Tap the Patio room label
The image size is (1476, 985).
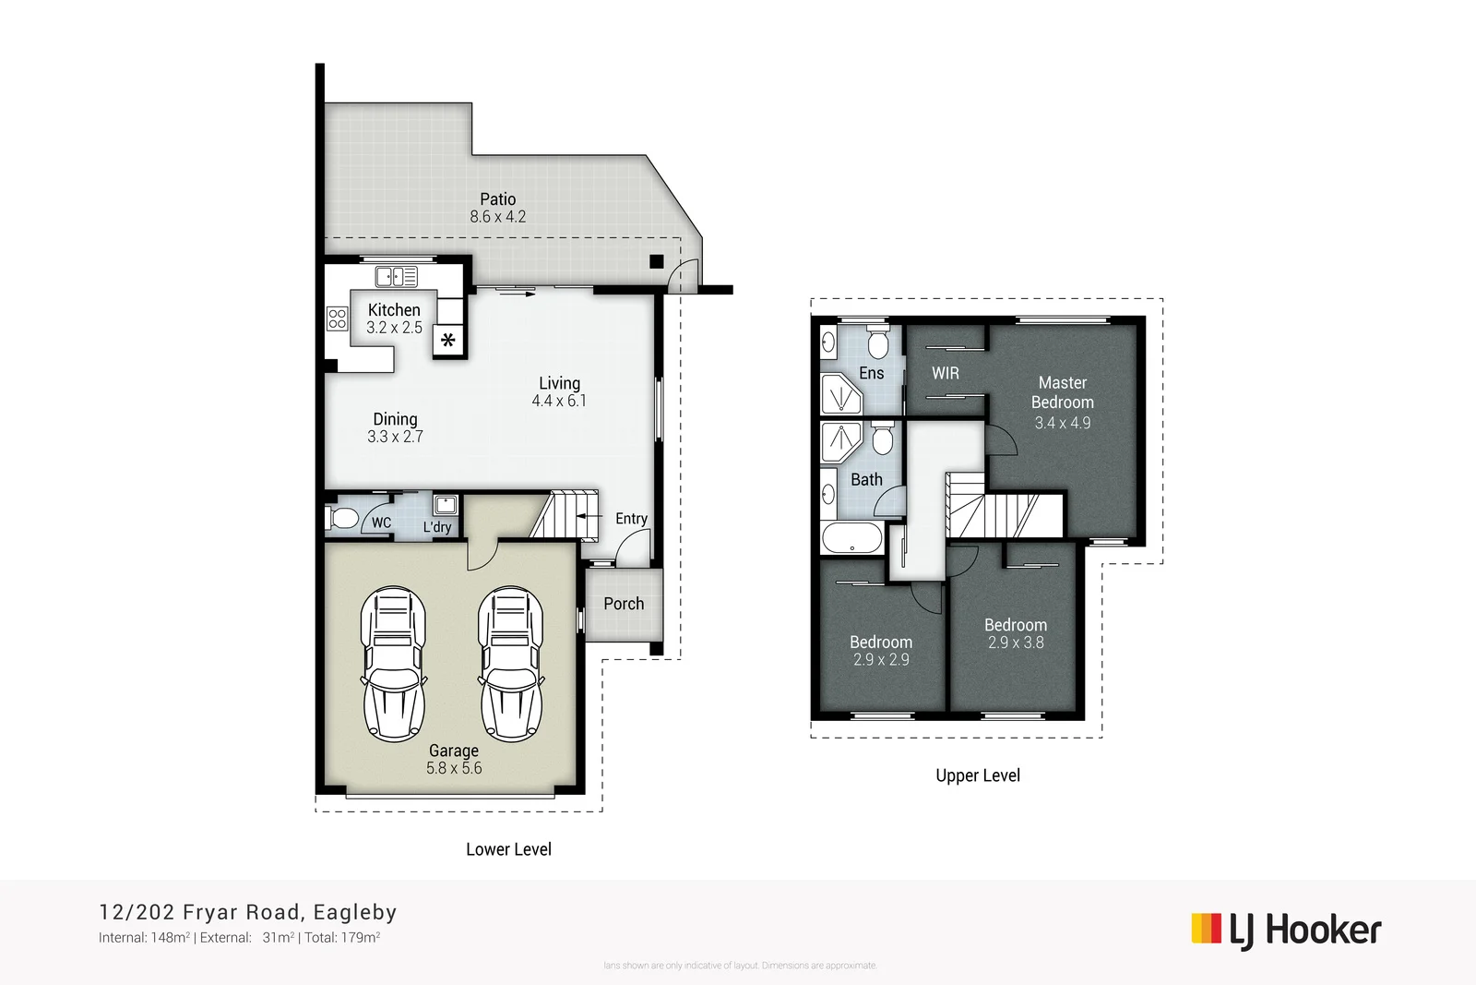click(497, 198)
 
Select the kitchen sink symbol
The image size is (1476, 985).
click(396, 276)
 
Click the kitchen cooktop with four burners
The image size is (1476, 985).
click(337, 319)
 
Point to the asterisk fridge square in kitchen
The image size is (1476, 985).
click(448, 341)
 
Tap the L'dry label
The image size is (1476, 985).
click(437, 527)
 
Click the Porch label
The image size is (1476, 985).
click(624, 604)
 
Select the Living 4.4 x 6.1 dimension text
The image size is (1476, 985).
click(559, 401)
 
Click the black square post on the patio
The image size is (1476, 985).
click(656, 262)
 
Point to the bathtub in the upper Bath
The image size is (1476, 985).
click(851, 537)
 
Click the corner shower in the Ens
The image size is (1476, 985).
click(840, 395)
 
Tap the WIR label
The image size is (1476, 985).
click(946, 373)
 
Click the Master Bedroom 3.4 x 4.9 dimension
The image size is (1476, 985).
click(1062, 423)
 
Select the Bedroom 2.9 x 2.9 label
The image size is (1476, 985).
click(881, 643)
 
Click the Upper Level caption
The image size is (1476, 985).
click(978, 775)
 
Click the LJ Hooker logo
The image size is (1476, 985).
click(1286, 931)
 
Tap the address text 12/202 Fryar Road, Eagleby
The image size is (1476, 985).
click(248, 912)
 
